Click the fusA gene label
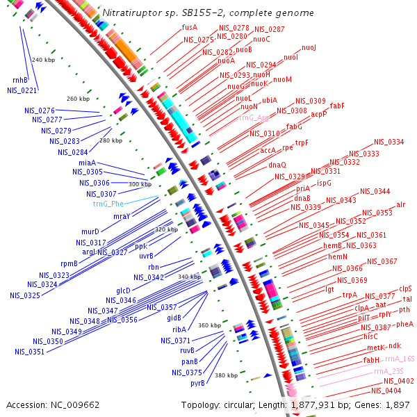[190, 27]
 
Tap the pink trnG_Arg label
[254, 118]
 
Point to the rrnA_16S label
[399, 358]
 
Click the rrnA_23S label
[389, 371]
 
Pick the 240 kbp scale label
[43, 60]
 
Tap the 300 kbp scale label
[140, 184]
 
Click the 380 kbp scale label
[226, 375]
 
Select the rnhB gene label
[20, 80]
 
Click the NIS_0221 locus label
[22, 90]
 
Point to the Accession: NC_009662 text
[53, 404]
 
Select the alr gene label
[400, 204]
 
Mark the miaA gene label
[87, 162]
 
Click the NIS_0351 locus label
[30, 351]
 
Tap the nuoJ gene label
[309, 48]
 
